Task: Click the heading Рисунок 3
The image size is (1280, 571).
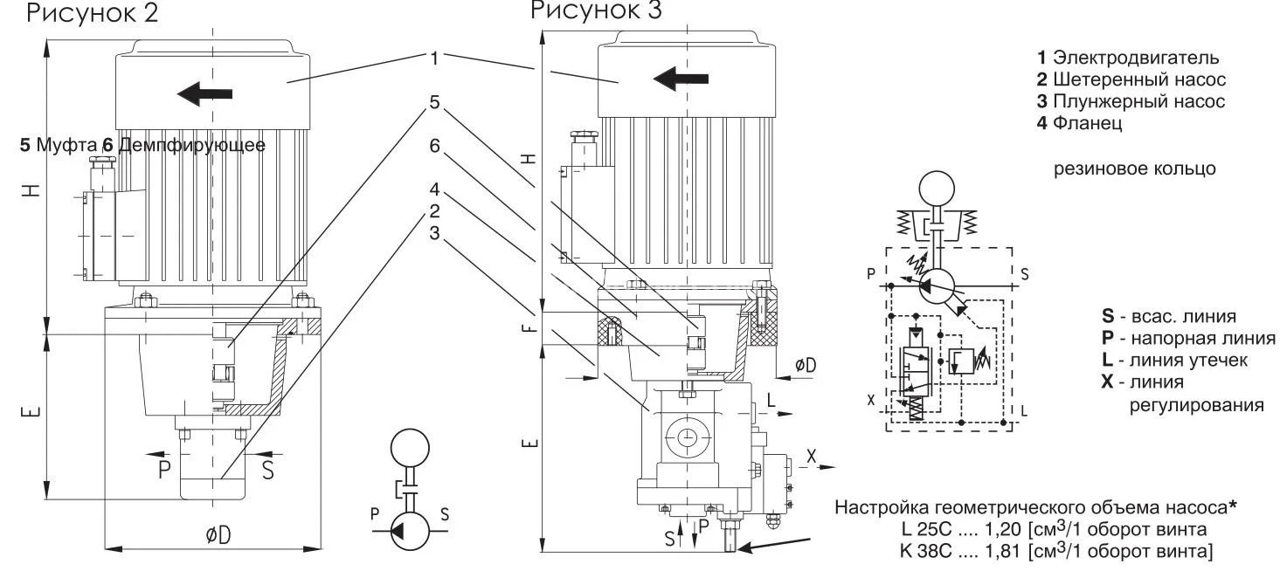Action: point(596,10)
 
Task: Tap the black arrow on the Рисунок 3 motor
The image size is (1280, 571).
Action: point(681,79)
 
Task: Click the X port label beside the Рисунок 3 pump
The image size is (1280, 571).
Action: point(812,455)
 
